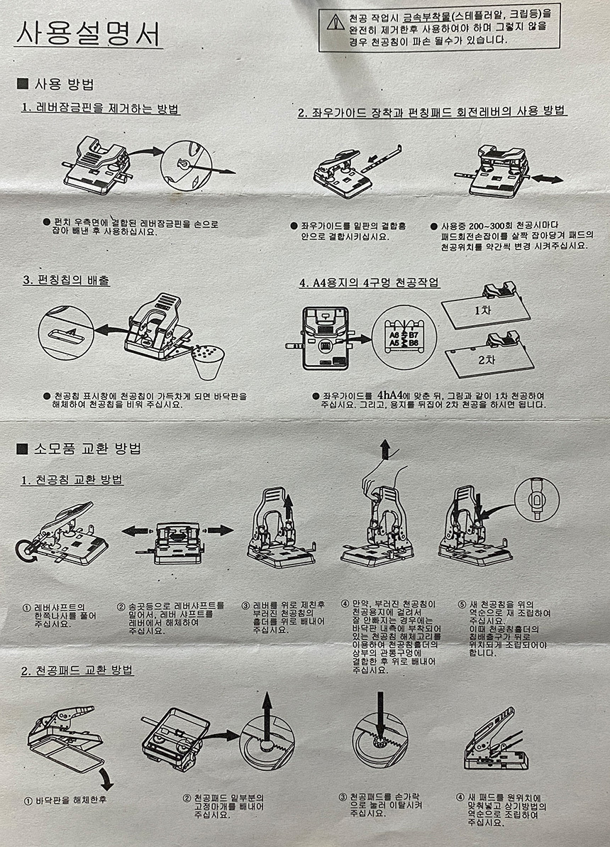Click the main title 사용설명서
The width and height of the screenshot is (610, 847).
pyautogui.click(x=88, y=34)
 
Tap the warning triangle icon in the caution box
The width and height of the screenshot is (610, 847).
pyautogui.click(x=335, y=22)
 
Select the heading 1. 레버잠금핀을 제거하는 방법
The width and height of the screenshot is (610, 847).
pyautogui.click(x=101, y=108)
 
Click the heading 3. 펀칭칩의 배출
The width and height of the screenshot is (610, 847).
pyautogui.click(x=66, y=280)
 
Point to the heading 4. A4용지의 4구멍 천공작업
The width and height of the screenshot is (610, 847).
pyautogui.click(x=370, y=283)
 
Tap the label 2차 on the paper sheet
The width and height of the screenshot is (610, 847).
pyautogui.click(x=486, y=359)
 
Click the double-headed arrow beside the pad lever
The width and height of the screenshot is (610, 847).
pyautogui.click(x=547, y=179)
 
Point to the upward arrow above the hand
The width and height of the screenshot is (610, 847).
pyautogui.click(x=385, y=449)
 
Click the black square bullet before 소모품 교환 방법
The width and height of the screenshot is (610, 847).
pyautogui.click(x=22, y=448)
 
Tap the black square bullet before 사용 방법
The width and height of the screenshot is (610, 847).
pyautogui.click(x=23, y=83)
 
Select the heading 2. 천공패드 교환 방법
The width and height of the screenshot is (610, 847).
pyautogui.click(x=77, y=670)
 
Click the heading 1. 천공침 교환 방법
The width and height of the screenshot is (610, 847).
pyautogui.click(x=72, y=480)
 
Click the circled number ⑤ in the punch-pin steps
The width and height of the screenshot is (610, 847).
pyautogui.click(x=462, y=604)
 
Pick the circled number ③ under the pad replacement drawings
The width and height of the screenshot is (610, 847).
pyautogui.click(x=343, y=797)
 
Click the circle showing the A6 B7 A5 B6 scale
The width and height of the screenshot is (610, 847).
pyautogui.click(x=404, y=337)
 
